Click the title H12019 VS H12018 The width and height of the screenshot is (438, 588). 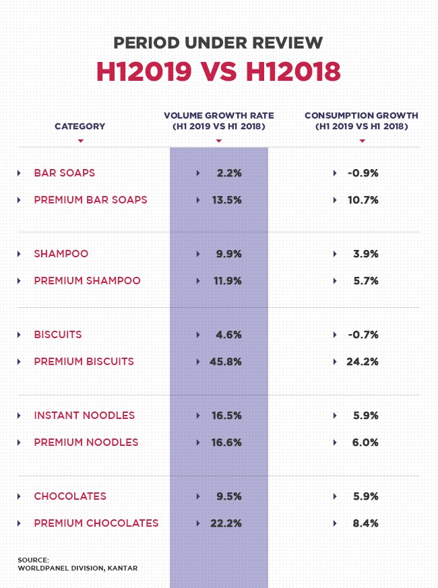coord(219,71)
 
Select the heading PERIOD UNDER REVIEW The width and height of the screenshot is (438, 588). coord(219,42)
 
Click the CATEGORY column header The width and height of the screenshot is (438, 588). coord(80,126)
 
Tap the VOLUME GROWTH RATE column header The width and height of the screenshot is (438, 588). coord(218,121)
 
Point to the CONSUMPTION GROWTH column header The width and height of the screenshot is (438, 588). coord(361,121)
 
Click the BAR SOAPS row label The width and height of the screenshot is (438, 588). coord(64,173)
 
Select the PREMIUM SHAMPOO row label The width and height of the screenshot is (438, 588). coord(87,281)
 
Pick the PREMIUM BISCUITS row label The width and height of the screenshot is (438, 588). coord(84,362)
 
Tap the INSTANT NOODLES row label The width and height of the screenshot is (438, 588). coord(84,416)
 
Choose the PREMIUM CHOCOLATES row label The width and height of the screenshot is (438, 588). coord(96,523)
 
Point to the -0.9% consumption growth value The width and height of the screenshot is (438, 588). coord(363,173)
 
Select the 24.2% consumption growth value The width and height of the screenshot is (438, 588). coord(364,362)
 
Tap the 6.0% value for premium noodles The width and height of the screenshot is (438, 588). coord(365,443)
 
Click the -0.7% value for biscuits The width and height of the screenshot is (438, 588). coord(363,335)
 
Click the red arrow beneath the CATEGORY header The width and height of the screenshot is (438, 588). coord(80,141)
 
